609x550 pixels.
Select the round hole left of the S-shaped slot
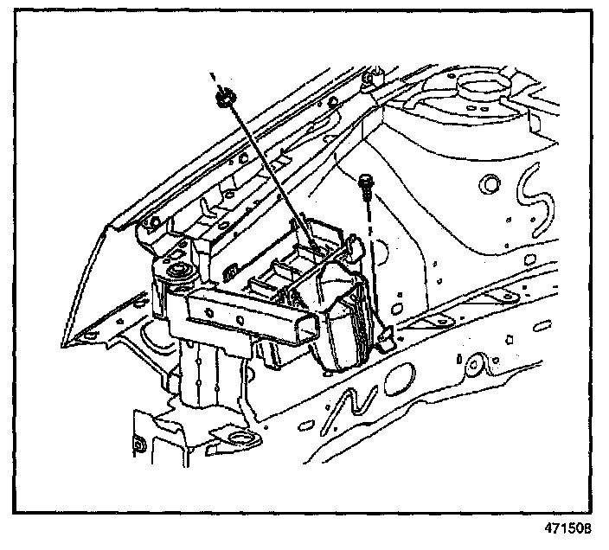click(x=490, y=182)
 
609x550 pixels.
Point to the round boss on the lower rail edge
click(x=473, y=366)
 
